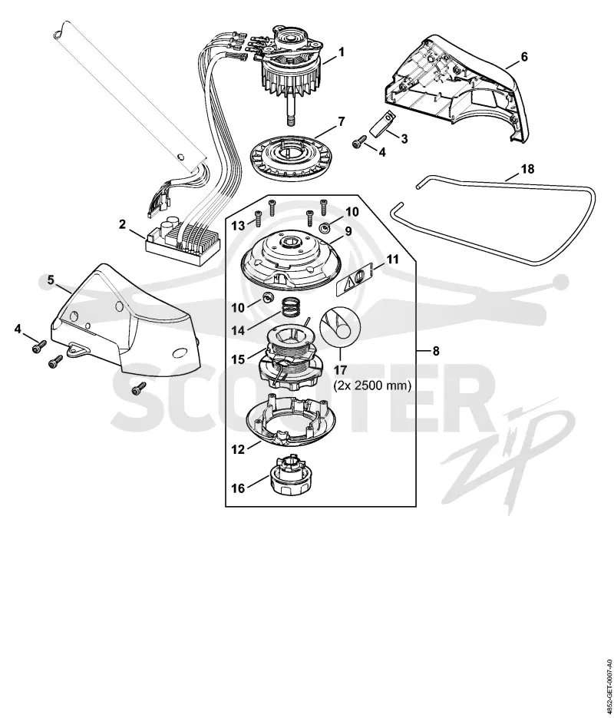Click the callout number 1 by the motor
(342, 53)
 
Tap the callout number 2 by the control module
(122, 224)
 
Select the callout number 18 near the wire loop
(527, 170)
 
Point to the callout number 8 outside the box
(436, 351)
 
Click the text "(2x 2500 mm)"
(372, 385)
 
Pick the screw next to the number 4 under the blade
(360, 143)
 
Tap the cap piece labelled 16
(289, 476)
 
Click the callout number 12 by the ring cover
(238, 450)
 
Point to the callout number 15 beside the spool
(238, 359)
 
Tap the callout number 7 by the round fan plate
(342, 122)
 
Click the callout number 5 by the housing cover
(51, 280)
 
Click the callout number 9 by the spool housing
(348, 231)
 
